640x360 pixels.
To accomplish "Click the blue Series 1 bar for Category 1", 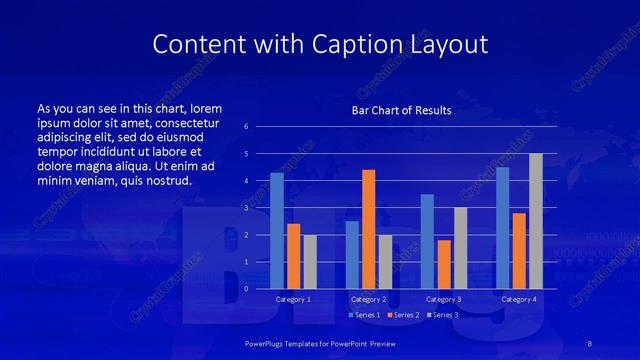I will point(277,231).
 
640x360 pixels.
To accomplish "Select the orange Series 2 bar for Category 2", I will point(368,229).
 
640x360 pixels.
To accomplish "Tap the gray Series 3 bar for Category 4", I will point(535,221).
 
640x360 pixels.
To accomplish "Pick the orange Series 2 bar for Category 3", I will point(444,264).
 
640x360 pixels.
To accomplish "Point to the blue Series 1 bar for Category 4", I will point(502,228).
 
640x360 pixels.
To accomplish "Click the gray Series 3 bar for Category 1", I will point(310,262).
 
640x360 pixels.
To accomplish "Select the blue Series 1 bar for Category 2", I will point(352,255).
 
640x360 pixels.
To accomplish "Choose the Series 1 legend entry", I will point(363,315).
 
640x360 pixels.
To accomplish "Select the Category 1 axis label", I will point(293,299).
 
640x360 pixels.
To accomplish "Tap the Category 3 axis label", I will point(444,299).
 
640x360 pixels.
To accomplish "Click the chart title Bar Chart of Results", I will point(401,110).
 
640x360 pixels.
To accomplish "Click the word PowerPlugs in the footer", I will point(267,343).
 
